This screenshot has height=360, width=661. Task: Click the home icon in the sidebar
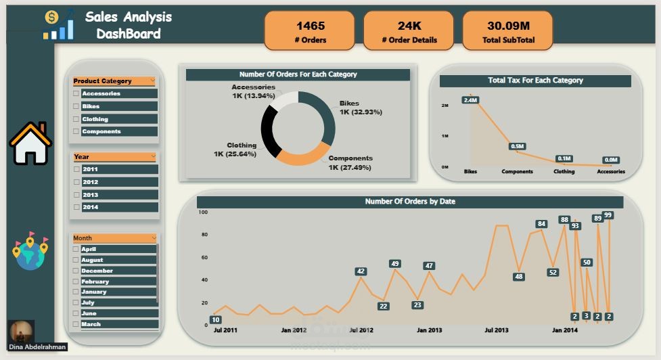click(30, 143)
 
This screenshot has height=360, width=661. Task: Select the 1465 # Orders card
click(311, 31)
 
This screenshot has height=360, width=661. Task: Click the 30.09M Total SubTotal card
click(508, 31)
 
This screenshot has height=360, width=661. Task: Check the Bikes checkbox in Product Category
click(76, 106)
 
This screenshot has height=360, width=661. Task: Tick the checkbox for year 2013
click(76, 195)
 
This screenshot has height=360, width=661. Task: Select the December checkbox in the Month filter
click(76, 271)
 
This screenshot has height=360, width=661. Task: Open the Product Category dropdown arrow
click(153, 81)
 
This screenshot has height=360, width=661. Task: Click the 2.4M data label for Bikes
click(471, 100)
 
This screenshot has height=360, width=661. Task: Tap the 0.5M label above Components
click(518, 146)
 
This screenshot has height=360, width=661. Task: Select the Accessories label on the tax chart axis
click(611, 172)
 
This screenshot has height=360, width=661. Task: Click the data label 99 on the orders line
click(608, 215)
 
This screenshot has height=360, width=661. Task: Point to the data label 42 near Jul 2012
click(361, 271)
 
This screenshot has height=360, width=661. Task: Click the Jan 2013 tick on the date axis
click(429, 330)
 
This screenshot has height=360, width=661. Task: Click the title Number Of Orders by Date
click(409, 202)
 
